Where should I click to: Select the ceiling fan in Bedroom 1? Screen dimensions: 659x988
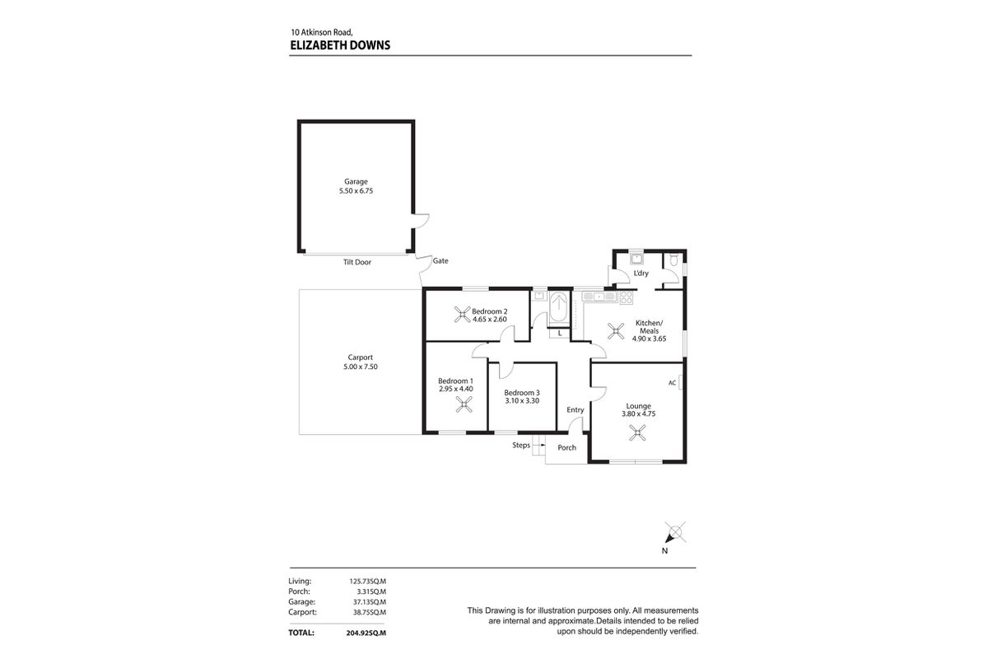(465, 404)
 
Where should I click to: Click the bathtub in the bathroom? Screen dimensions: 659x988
(559, 307)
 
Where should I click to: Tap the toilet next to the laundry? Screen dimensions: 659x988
(673, 261)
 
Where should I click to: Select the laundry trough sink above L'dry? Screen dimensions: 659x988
(636, 259)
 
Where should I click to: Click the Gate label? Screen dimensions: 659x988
(440, 260)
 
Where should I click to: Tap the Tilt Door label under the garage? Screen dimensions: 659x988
(357, 262)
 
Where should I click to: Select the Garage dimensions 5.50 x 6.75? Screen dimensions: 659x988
(356, 190)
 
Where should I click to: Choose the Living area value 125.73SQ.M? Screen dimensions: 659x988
(368, 581)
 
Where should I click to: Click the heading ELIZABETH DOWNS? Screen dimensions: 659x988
(340, 46)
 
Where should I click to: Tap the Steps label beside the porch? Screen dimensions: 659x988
(521, 445)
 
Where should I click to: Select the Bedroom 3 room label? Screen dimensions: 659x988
(522, 392)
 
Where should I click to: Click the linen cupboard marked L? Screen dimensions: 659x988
(559, 334)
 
